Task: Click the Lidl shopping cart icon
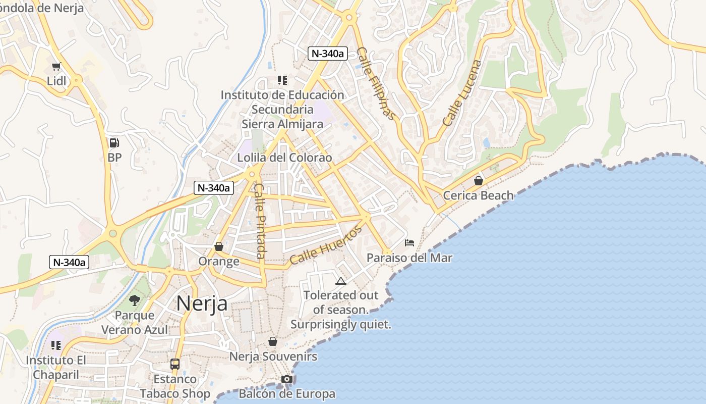coord(56,66)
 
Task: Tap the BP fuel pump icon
coord(114,143)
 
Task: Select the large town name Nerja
coord(202,304)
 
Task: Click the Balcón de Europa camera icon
coord(287,379)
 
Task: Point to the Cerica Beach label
coord(478,195)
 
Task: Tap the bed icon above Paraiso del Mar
coord(409,243)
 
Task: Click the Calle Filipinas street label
coord(376,83)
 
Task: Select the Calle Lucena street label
coord(462,93)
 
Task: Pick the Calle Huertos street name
coord(326,245)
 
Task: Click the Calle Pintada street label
coord(259,220)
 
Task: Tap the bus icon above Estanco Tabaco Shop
coord(175,364)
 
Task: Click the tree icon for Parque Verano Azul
coord(134,300)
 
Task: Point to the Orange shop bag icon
coord(219,246)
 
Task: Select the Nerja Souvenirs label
coord(273,357)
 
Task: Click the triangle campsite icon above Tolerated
coord(341,281)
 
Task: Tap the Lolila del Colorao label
coord(285,158)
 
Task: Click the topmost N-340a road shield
coord(328,54)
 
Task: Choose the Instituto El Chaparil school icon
coord(56,345)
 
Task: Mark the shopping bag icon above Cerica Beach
coord(479,180)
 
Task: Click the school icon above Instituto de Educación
coord(282,80)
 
